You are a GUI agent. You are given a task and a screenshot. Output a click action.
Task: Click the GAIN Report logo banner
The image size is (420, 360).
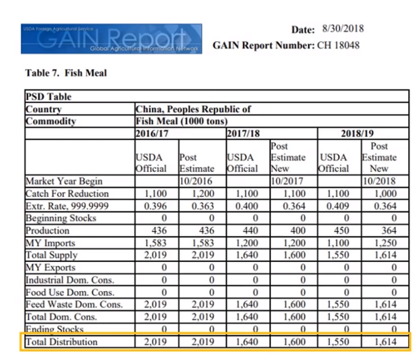pos(111,39)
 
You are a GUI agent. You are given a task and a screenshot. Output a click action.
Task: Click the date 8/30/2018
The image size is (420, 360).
pos(343,29)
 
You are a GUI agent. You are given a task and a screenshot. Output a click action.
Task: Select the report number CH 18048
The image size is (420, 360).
pos(338,45)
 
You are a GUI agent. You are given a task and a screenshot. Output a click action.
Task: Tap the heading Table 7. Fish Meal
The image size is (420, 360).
pos(66,73)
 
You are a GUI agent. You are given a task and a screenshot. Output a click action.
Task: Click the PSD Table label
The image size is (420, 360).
pos(48,97)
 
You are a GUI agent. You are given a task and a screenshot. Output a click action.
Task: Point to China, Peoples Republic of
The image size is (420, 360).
pos(193,109)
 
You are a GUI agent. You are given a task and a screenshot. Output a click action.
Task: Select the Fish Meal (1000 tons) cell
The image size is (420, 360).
pos(182,121)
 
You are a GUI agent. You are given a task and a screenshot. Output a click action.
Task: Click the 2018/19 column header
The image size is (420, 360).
pos(357,133)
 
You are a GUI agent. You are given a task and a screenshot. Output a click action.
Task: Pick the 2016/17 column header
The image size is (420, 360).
pos(152,133)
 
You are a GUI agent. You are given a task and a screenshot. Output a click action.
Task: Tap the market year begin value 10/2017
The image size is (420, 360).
pos(287,181)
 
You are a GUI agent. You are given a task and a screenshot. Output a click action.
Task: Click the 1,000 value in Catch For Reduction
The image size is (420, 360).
pos(385,194)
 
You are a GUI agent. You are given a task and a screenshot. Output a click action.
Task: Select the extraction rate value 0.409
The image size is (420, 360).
pos(338,206)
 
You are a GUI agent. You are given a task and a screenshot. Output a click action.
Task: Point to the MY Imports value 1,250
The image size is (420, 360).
pos(385,243)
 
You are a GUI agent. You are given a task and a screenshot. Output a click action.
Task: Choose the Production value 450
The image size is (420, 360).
pos(341,230)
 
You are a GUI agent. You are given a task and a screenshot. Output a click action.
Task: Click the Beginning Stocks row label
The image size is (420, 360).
pos(61,218)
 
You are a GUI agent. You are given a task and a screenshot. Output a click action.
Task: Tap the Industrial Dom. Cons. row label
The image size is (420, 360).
pos(70,280)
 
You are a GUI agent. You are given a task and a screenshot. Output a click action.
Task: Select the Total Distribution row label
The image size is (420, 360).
pos(61,342)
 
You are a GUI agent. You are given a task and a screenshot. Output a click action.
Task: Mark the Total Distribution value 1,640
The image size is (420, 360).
pos(247,342)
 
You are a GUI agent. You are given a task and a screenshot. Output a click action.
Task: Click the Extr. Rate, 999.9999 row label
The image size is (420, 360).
pos(67,206)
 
